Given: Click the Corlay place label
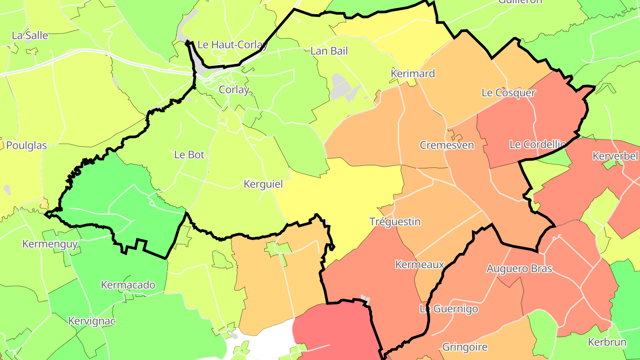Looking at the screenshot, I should pyautogui.click(x=234, y=90).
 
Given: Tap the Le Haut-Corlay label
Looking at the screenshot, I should pyautogui.click(x=232, y=44).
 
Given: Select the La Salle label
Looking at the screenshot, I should pyautogui.click(x=30, y=36).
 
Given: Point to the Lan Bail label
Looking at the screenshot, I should pyautogui.click(x=329, y=51).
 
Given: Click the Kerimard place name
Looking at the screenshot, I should pyautogui.click(x=412, y=73).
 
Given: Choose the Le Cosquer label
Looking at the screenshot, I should pyautogui.click(x=508, y=93).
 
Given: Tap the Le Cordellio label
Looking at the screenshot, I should pyautogui.click(x=537, y=144).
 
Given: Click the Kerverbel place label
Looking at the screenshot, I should pyautogui.click(x=615, y=156).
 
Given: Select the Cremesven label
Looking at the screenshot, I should pyautogui.click(x=447, y=145).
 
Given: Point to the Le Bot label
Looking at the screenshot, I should pyautogui.click(x=189, y=155).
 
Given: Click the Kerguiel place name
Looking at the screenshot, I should pyautogui.click(x=263, y=184).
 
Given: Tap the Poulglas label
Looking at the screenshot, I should pyautogui.click(x=27, y=146).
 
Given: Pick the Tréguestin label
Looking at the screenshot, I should pyautogui.click(x=395, y=222).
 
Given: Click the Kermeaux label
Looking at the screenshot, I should pyautogui.click(x=420, y=265).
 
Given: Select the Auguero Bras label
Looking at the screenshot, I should pyautogui.click(x=519, y=268).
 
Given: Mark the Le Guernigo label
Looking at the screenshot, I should pyautogui.click(x=449, y=309).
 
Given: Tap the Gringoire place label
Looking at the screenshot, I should pyautogui.click(x=465, y=347).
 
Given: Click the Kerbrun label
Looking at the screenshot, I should pyautogui.click(x=607, y=342).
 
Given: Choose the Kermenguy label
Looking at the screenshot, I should pyautogui.click(x=50, y=244).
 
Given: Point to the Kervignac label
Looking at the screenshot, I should pyautogui.click(x=92, y=321).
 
